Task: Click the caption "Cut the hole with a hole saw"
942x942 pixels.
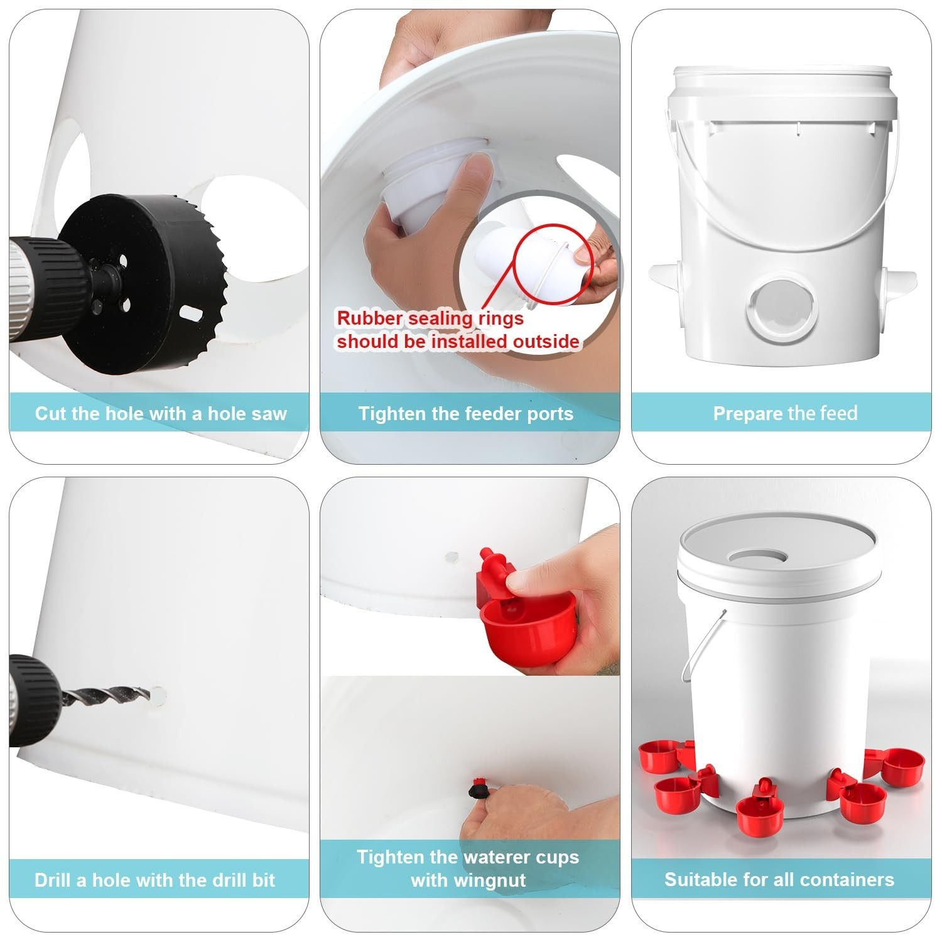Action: pyautogui.click(x=161, y=413)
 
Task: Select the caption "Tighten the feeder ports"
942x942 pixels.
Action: pyautogui.click(x=466, y=413)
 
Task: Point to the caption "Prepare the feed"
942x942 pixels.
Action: pyautogui.click(x=785, y=413)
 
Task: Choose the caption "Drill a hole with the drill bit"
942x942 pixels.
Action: pyautogui.click(x=155, y=880)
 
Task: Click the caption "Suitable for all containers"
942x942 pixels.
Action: pyautogui.click(x=779, y=879)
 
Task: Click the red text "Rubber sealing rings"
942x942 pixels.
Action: pyautogui.click(x=430, y=318)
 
